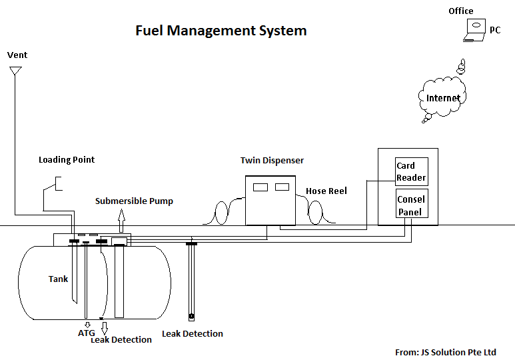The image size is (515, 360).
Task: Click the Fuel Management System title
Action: click(x=221, y=31)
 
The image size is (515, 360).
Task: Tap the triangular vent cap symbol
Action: click(x=15, y=71)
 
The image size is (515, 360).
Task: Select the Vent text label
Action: click(x=17, y=55)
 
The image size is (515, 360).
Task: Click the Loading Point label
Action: click(x=67, y=160)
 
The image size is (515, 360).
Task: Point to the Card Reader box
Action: click(x=412, y=171)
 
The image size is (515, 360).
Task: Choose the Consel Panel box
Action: click(x=412, y=203)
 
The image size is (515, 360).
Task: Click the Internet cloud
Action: click(x=443, y=97)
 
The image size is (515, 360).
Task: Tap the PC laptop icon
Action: click(x=474, y=30)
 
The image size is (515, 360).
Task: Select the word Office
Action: click(x=461, y=11)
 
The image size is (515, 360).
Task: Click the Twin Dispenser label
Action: click(x=272, y=161)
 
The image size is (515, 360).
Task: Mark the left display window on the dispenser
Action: click(x=260, y=187)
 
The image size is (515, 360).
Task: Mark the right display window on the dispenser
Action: click(x=282, y=187)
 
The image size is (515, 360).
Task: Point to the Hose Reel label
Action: click(x=326, y=191)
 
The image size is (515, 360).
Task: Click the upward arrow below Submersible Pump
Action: click(x=121, y=221)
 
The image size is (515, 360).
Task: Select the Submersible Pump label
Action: click(x=134, y=201)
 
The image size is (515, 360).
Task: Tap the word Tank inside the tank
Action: click(x=58, y=279)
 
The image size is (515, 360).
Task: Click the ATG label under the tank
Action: click(x=87, y=333)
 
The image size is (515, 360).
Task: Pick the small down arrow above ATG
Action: click(x=87, y=325)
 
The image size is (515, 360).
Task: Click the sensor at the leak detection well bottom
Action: click(x=191, y=317)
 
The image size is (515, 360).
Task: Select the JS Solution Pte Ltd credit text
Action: click(x=446, y=353)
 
